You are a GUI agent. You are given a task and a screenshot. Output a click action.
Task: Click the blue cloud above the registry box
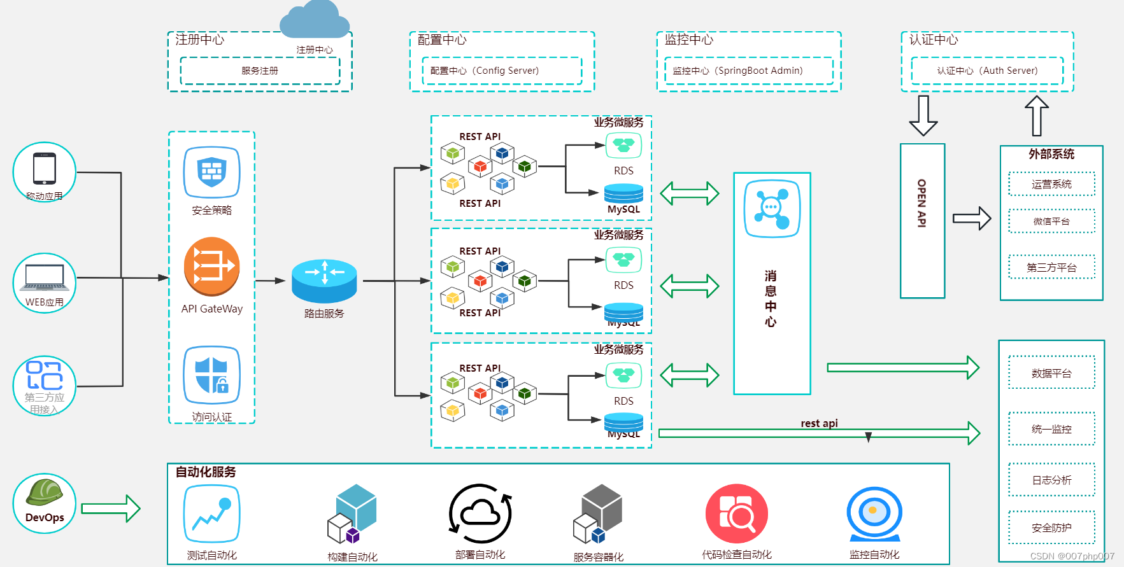pos(315,20)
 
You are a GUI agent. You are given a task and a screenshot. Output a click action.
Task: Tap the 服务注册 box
pos(260,71)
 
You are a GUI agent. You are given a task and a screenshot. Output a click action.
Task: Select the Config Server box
pos(502,71)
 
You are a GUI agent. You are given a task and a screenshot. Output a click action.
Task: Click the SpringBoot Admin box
pos(748,71)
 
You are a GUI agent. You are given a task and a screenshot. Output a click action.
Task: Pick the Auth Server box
pos(987,71)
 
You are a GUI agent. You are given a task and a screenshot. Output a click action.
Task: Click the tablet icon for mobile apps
pos(45,169)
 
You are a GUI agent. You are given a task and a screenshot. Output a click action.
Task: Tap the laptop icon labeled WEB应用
pos(45,277)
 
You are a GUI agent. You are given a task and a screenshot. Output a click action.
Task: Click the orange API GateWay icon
pos(212,267)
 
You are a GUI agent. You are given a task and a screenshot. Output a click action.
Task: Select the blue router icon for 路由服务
pos(324,281)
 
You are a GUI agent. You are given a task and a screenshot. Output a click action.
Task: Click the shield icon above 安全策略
pos(212,172)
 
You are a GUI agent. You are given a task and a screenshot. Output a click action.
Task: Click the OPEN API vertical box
pos(922,220)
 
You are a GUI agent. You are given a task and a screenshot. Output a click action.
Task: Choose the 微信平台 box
pos(1051,221)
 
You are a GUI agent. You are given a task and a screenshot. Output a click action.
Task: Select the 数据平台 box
pos(1051,373)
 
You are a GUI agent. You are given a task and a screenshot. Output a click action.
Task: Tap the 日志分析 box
pos(1051,480)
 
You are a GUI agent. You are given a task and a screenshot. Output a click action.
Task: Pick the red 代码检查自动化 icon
pos(737,514)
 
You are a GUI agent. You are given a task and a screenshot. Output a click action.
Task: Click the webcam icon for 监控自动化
pos(874,514)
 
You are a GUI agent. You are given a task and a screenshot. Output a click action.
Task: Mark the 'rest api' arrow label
pos(819,423)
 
